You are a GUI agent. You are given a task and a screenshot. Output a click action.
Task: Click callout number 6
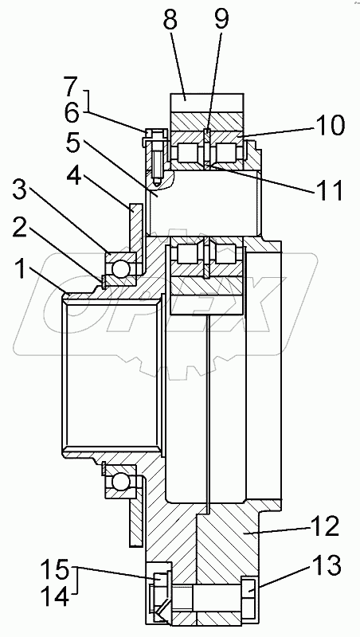pos(73,113)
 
